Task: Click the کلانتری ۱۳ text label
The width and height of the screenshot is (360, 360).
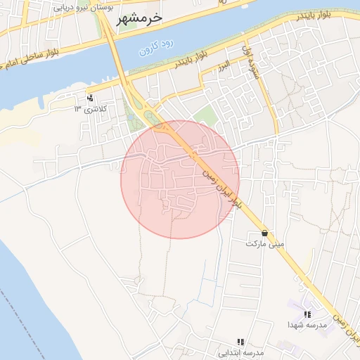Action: pyautogui.click(x=88, y=109)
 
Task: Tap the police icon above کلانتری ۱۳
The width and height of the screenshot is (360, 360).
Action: pyautogui.click(x=90, y=98)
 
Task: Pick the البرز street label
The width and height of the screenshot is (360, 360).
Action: pyautogui.click(x=224, y=65)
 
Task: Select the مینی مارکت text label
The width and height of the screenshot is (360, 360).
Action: pyautogui.click(x=265, y=243)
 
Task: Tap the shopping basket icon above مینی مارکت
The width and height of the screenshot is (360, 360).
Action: pyautogui.click(x=264, y=233)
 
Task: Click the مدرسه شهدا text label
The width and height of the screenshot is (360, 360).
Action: pyautogui.click(x=307, y=325)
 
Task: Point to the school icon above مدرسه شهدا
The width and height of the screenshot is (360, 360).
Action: pyautogui.click(x=307, y=314)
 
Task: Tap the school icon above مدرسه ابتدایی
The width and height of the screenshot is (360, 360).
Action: pyautogui.click(x=241, y=341)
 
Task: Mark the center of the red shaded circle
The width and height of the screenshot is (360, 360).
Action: pyautogui.click(x=180, y=179)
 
